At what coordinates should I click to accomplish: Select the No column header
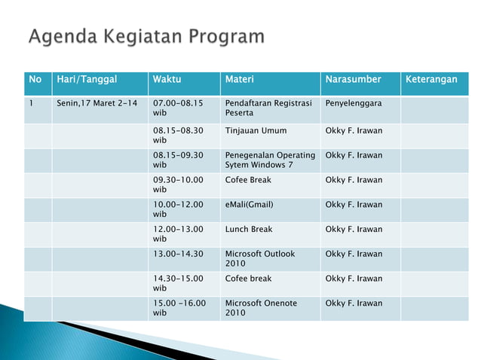pyautogui.click(x=35, y=80)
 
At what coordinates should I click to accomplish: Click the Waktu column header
pyautogui.click(x=167, y=80)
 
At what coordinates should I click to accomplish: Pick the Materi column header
pyautogui.click(x=240, y=80)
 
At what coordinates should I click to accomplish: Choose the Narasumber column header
pyautogui.click(x=353, y=80)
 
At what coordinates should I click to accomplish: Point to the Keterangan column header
pyautogui.click(x=431, y=80)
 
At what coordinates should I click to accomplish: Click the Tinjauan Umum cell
pyautogui.click(x=256, y=131)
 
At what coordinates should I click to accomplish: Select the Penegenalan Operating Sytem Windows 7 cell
pyautogui.click(x=269, y=160)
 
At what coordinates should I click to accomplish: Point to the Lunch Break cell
pyautogui.click(x=249, y=230)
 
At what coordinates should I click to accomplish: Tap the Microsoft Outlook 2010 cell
pyautogui.click(x=260, y=258)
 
